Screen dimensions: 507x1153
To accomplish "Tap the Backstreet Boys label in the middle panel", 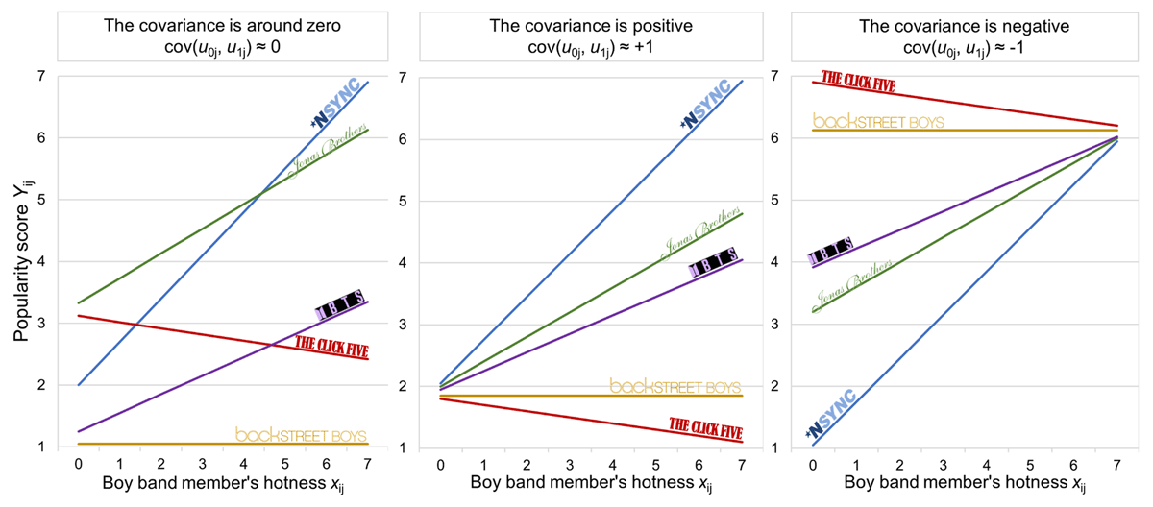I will (675, 386).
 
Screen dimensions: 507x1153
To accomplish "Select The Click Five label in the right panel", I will (858, 82).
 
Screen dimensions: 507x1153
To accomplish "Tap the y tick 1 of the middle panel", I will (403, 448).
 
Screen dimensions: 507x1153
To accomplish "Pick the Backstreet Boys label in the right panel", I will (878, 121).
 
